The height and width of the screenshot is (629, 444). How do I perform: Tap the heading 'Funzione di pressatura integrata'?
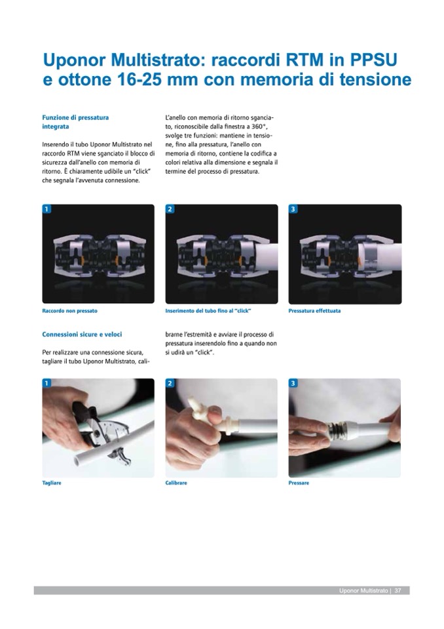coord(75,122)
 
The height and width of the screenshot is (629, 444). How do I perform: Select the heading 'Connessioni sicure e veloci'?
coord(82,334)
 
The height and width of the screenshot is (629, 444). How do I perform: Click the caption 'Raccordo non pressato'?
coord(69,311)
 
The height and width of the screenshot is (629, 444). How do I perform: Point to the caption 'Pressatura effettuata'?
coord(314,311)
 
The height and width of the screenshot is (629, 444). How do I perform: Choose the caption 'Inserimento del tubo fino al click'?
coord(208,311)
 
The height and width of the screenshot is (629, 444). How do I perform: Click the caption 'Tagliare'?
coord(52,483)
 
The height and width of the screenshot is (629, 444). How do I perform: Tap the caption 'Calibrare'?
coord(176,483)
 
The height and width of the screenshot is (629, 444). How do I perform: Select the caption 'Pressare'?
coord(299,483)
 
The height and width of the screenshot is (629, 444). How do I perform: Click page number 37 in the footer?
coord(398,590)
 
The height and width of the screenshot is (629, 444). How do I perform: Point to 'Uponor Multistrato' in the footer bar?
coord(363,590)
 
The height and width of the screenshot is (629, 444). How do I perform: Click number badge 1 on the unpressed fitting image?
coord(46,209)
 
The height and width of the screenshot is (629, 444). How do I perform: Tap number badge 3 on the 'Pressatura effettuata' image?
coord(293,209)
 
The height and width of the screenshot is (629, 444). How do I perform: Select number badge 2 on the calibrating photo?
coord(170,383)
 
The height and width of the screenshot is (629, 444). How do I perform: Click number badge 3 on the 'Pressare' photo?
coord(293,383)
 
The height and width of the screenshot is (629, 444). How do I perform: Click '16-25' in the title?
coord(139,79)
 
